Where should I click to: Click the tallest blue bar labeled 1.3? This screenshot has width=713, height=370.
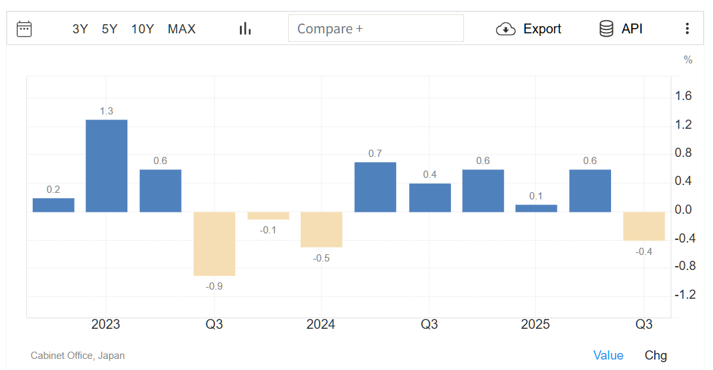point(107,165)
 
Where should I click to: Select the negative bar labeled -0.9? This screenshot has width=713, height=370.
point(214,243)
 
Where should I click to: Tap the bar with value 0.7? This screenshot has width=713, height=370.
point(375,187)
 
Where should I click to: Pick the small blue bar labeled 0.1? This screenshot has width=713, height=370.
point(536,208)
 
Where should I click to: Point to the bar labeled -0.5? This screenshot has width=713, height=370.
point(321,229)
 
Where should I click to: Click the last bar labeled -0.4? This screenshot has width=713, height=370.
point(644,226)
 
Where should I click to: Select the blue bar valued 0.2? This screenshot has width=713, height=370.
point(54,205)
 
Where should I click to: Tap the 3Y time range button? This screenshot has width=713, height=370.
point(80,29)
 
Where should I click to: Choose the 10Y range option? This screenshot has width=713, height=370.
point(142,29)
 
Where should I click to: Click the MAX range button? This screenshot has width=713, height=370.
point(182,29)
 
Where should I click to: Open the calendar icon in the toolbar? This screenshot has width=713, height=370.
point(24,29)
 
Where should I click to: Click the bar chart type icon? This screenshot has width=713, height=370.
point(245,29)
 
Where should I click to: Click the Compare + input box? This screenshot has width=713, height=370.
point(376,29)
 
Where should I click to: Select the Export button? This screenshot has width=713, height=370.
point(529,29)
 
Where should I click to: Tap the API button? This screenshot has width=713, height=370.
point(621,29)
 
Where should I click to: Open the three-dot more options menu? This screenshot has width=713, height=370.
point(687,29)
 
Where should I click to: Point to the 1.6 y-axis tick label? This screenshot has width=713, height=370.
point(684,96)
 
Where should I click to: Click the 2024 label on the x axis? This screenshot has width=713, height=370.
point(321,325)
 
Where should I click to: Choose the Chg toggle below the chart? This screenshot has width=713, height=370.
point(655,355)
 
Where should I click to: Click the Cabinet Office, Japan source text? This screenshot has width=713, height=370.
point(78,356)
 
